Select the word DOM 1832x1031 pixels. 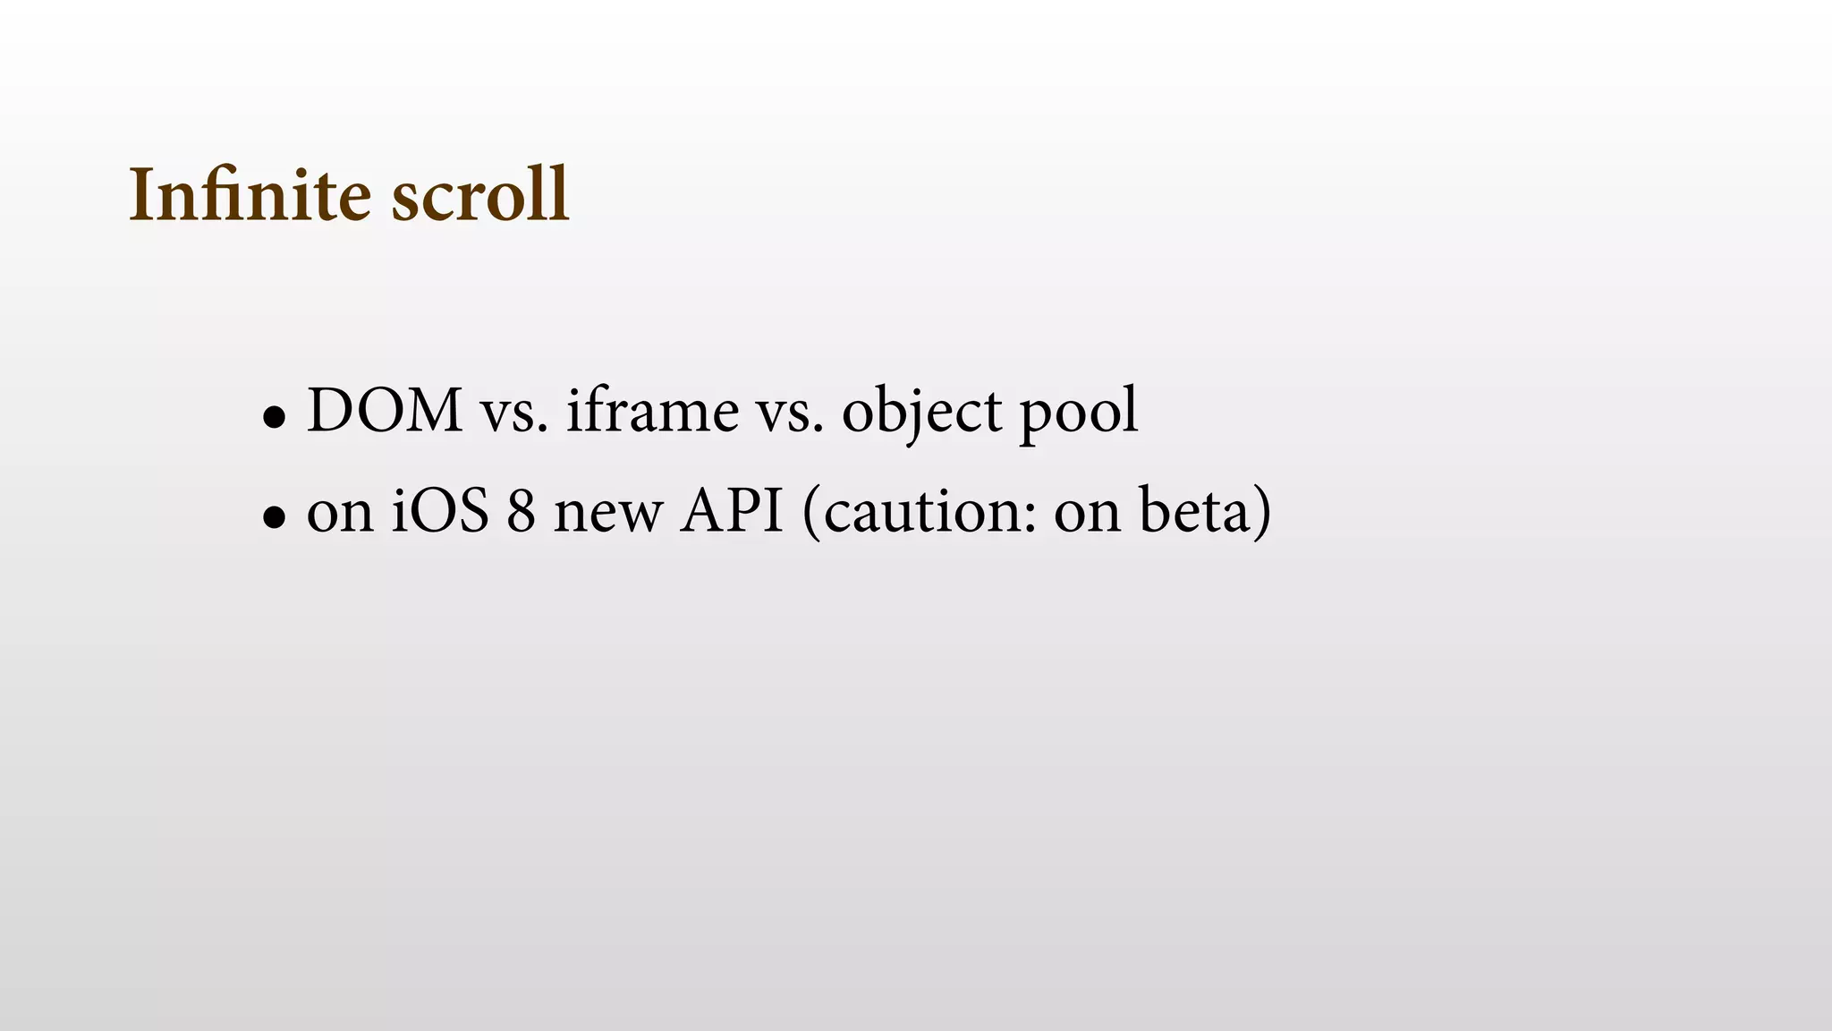(x=385, y=412)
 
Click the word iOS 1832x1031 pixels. (x=440, y=512)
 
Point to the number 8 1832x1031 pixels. (x=522, y=512)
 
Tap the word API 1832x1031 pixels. (x=731, y=512)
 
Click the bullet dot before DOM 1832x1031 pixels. (x=274, y=417)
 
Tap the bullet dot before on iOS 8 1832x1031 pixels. (x=274, y=517)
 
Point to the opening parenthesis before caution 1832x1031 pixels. (x=811, y=514)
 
